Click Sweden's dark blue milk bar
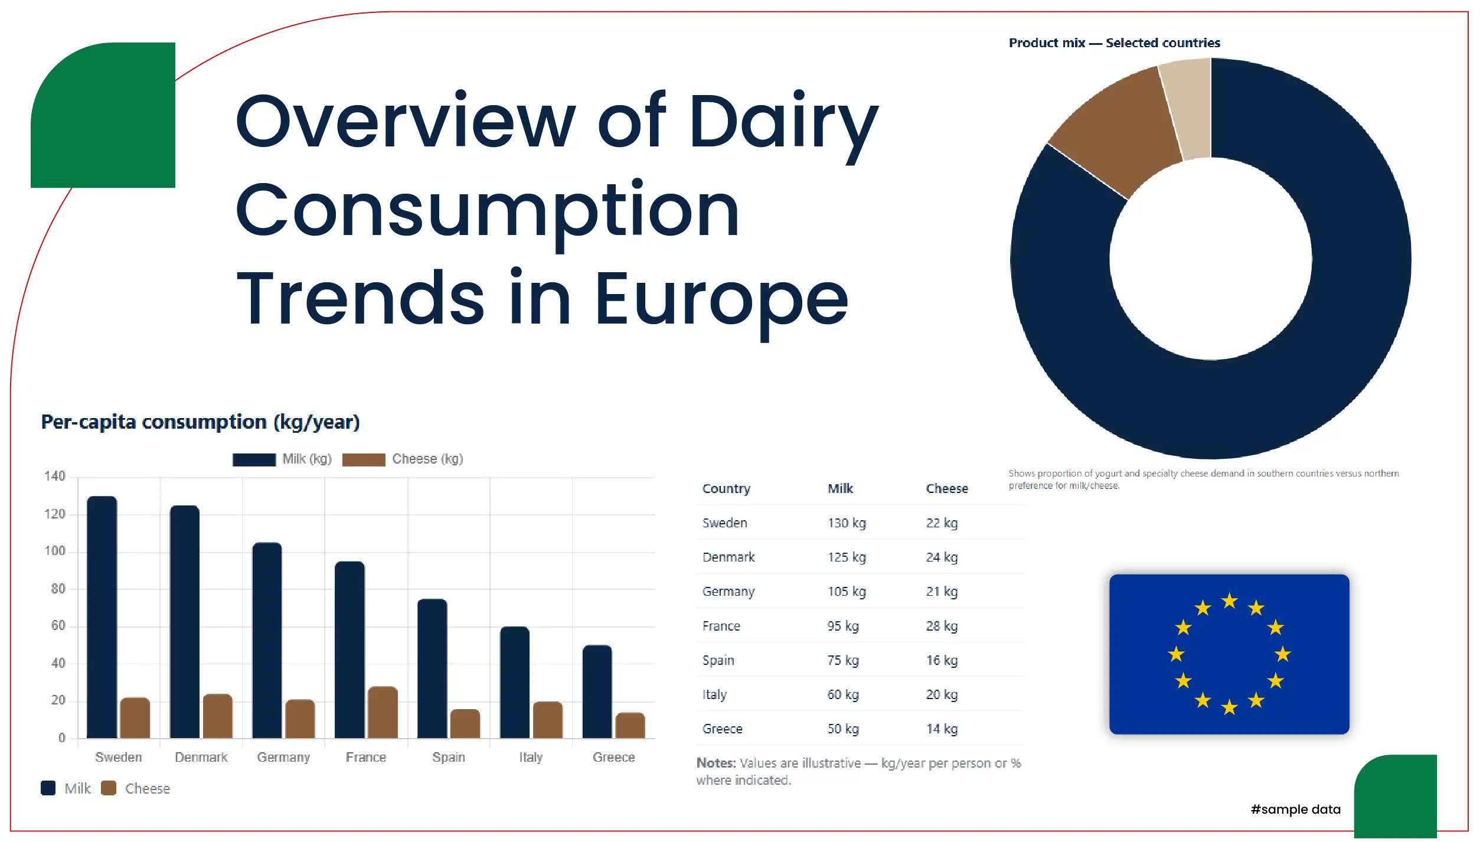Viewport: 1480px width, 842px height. coord(102,617)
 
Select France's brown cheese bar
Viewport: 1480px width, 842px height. coord(383,712)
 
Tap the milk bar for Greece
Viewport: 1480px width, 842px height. coord(597,691)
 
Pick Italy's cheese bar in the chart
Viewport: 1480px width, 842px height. coord(547,720)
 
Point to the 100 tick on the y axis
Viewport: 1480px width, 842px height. coord(55,551)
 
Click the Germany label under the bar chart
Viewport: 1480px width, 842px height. coord(283,758)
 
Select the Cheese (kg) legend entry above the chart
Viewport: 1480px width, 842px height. coord(404,459)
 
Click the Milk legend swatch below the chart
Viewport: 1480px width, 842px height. coord(48,788)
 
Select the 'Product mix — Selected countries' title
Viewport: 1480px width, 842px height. coord(1114,43)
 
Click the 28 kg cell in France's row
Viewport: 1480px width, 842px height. coord(942,626)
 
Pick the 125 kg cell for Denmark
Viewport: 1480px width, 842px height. coord(847,557)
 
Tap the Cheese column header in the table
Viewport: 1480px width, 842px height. coord(947,489)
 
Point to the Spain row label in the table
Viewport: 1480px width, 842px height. coord(718,661)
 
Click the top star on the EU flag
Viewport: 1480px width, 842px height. coord(1230,602)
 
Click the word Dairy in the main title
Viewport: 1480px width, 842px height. coord(783,122)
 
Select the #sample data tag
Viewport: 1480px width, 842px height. coord(1295,810)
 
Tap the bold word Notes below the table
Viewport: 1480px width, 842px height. coord(716,763)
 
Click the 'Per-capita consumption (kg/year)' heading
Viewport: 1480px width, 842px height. coord(200,422)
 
